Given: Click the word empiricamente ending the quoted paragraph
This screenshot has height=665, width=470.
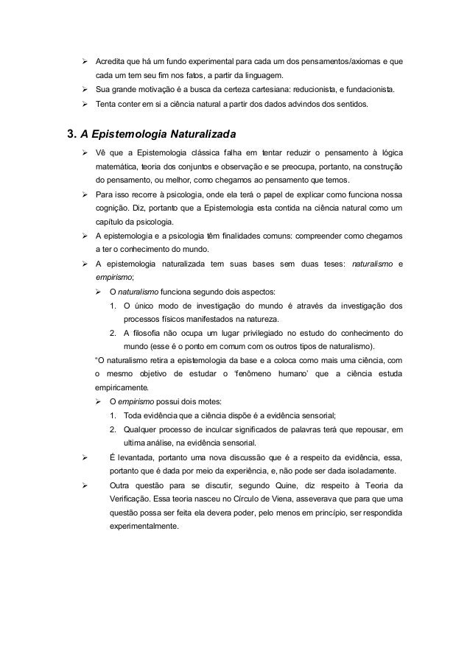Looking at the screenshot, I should point(122,387).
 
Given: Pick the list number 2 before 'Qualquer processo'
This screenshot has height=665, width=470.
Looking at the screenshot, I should point(112,429).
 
